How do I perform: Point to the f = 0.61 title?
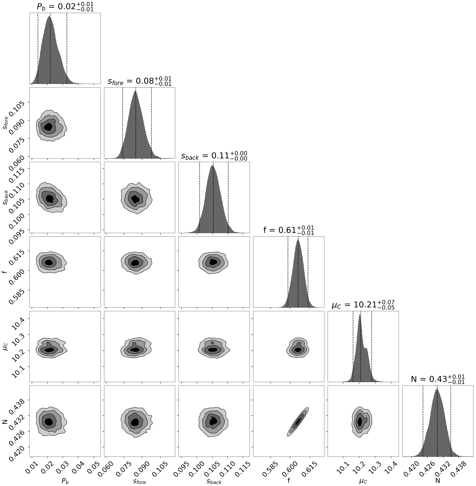point(288,230)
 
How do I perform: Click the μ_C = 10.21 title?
point(363,305)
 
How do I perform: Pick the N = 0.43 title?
point(438,379)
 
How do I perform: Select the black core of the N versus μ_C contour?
point(360,421)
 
